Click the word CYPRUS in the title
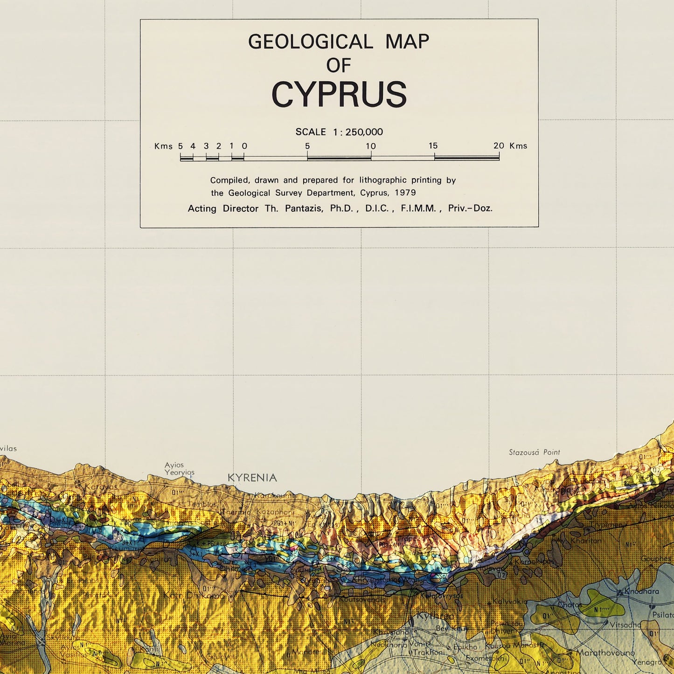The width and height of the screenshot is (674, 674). point(339,95)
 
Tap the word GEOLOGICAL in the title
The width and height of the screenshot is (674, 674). point(310,42)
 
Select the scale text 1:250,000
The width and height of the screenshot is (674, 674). point(358,132)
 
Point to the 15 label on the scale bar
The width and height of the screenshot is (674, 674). point(433,146)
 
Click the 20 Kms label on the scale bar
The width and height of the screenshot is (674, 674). point(510,146)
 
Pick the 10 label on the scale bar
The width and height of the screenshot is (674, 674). point(371,146)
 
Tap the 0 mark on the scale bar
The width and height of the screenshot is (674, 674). point(244,146)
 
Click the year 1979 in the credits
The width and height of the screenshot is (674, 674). point(405,193)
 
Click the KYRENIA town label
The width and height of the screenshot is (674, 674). point(252,478)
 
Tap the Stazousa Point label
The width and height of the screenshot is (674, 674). point(534,452)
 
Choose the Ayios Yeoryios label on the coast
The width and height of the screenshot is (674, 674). point(179,469)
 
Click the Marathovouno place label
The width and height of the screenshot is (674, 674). point(605,653)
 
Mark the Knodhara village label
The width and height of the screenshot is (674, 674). point(642,591)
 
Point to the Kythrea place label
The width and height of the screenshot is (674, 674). point(435,616)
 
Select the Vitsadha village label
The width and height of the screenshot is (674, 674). point(625,625)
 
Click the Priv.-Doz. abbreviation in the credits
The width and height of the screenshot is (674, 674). point(470,208)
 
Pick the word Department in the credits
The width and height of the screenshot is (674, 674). point(332,193)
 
